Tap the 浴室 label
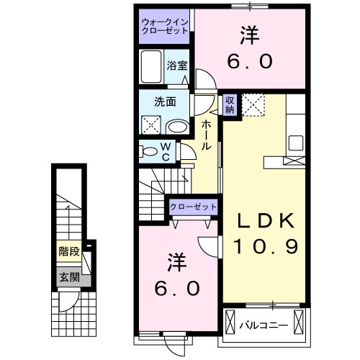176,66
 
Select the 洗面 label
165,102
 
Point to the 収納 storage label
230,104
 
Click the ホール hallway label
207,135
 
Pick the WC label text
165,152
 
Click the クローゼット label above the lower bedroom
194,207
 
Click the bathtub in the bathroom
152,67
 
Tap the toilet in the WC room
150,152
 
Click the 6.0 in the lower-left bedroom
176,288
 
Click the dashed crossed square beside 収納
253,105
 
